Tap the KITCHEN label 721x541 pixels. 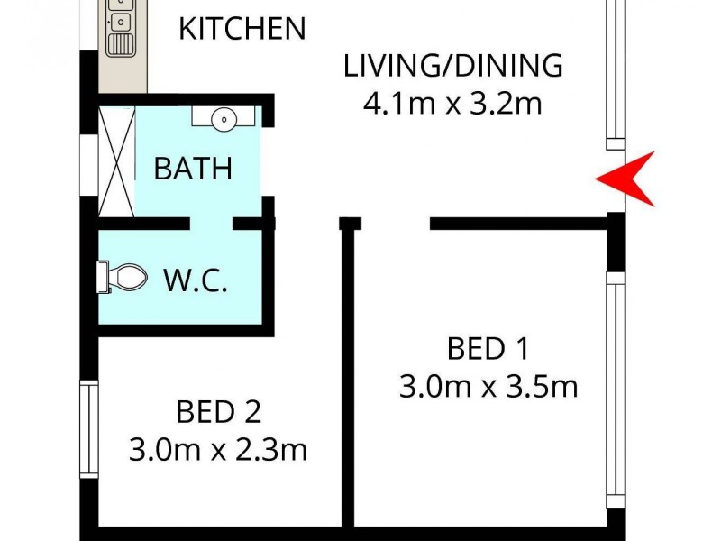pyautogui.click(x=242, y=28)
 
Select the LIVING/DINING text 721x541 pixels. pyautogui.click(x=452, y=66)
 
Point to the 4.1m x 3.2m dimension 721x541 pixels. pyautogui.click(x=452, y=104)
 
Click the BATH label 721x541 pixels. pyautogui.click(x=193, y=169)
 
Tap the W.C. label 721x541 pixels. pyautogui.click(x=195, y=280)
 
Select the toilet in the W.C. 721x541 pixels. pyautogui.click(x=123, y=277)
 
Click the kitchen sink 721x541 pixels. pyautogui.click(x=121, y=27)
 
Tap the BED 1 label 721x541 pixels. pyautogui.click(x=488, y=347)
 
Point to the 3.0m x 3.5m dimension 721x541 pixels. pyautogui.click(x=488, y=387)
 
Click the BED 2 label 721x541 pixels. pyautogui.click(x=218, y=412)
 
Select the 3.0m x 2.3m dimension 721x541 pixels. pyautogui.click(x=218, y=450)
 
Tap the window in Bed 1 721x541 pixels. pyautogui.click(x=616, y=392)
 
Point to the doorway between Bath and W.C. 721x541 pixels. pyautogui.click(x=211, y=223)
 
